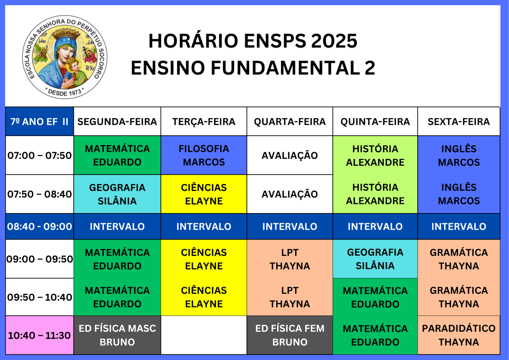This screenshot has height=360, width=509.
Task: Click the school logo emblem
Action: click(65, 57)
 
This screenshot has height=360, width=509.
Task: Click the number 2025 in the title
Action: click(334, 41)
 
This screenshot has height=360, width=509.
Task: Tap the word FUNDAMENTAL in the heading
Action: click(285, 68)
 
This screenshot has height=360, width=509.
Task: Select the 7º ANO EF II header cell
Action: click(39, 122)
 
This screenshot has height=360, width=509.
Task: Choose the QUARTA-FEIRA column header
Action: click(290, 122)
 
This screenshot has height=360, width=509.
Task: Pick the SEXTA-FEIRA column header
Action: click(458, 122)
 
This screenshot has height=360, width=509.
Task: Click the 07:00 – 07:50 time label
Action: click(39, 156)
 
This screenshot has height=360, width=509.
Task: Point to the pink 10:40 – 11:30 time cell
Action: click(39, 335)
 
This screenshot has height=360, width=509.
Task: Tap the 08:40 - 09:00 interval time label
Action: click(39, 227)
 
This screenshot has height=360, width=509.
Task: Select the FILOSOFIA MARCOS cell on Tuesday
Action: click(204, 155)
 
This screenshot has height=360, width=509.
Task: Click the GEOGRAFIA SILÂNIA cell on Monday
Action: click(117, 194)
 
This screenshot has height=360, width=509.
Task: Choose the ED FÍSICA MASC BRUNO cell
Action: click(117, 335)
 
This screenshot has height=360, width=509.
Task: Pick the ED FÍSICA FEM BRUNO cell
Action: click(290, 335)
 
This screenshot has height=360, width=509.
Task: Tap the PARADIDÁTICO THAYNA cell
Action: click(458, 335)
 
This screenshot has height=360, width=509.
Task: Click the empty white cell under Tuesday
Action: click(204, 335)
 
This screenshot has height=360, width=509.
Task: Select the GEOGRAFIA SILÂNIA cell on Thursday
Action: click(375, 259)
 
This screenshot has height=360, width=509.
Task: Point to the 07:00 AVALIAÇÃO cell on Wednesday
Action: click(290, 155)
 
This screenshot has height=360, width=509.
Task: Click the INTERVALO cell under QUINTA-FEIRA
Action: click(375, 227)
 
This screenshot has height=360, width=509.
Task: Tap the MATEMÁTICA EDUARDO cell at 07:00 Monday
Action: click(117, 155)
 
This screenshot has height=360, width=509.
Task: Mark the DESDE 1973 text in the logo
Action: click(65, 92)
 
